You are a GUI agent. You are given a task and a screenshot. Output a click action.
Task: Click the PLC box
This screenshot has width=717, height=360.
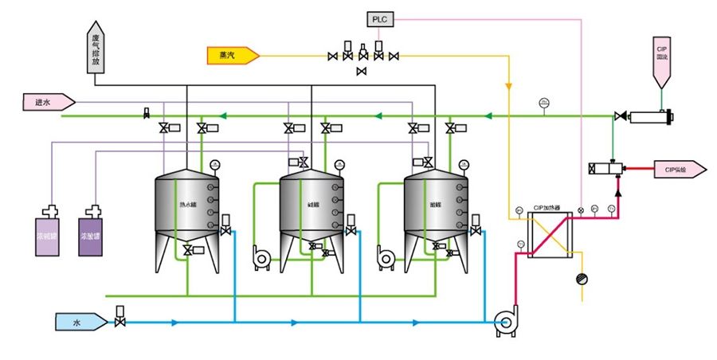click(x=378, y=18)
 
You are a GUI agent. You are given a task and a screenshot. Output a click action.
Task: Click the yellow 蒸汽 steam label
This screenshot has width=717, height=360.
click(x=228, y=56)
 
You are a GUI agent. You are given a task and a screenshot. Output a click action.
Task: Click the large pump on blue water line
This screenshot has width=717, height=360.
click(x=504, y=320)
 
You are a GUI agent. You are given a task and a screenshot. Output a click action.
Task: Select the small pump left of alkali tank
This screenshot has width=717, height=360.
click(x=261, y=255)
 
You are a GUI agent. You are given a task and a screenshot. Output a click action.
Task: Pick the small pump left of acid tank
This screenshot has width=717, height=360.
click(x=386, y=255)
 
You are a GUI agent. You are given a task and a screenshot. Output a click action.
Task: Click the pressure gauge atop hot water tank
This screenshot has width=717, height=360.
click(x=214, y=165)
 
